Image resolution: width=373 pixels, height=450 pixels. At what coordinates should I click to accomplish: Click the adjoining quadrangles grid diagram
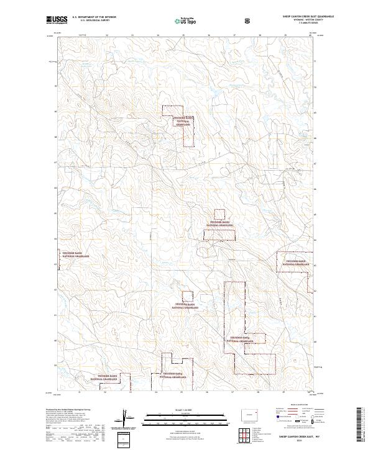[250, 431]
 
